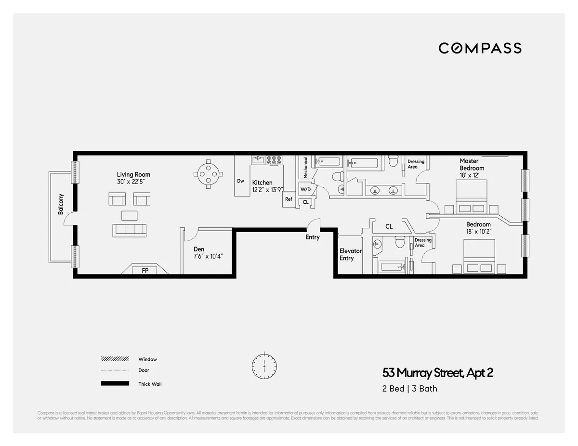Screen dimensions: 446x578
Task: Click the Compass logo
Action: click(480, 48)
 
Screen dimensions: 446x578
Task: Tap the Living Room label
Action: click(133, 175)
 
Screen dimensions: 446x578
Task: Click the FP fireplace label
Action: click(145, 271)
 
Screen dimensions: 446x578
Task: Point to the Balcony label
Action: click(61, 204)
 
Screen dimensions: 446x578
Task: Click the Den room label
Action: click(199, 249)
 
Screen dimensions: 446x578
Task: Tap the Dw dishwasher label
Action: click(241, 181)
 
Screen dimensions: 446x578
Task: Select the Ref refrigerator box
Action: click(289, 199)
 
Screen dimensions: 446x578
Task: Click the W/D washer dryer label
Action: click(305, 189)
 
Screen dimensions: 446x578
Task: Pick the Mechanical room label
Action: click(305, 168)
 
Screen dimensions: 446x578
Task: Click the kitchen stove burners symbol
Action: click(275, 160)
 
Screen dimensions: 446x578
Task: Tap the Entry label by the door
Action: click(313, 237)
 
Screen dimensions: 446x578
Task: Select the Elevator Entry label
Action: click(350, 254)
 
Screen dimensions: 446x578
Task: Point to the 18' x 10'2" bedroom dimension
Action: click(478, 232)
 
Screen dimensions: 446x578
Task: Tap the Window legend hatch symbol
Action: click(115, 359)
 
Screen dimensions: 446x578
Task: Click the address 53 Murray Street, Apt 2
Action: click(438, 373)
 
